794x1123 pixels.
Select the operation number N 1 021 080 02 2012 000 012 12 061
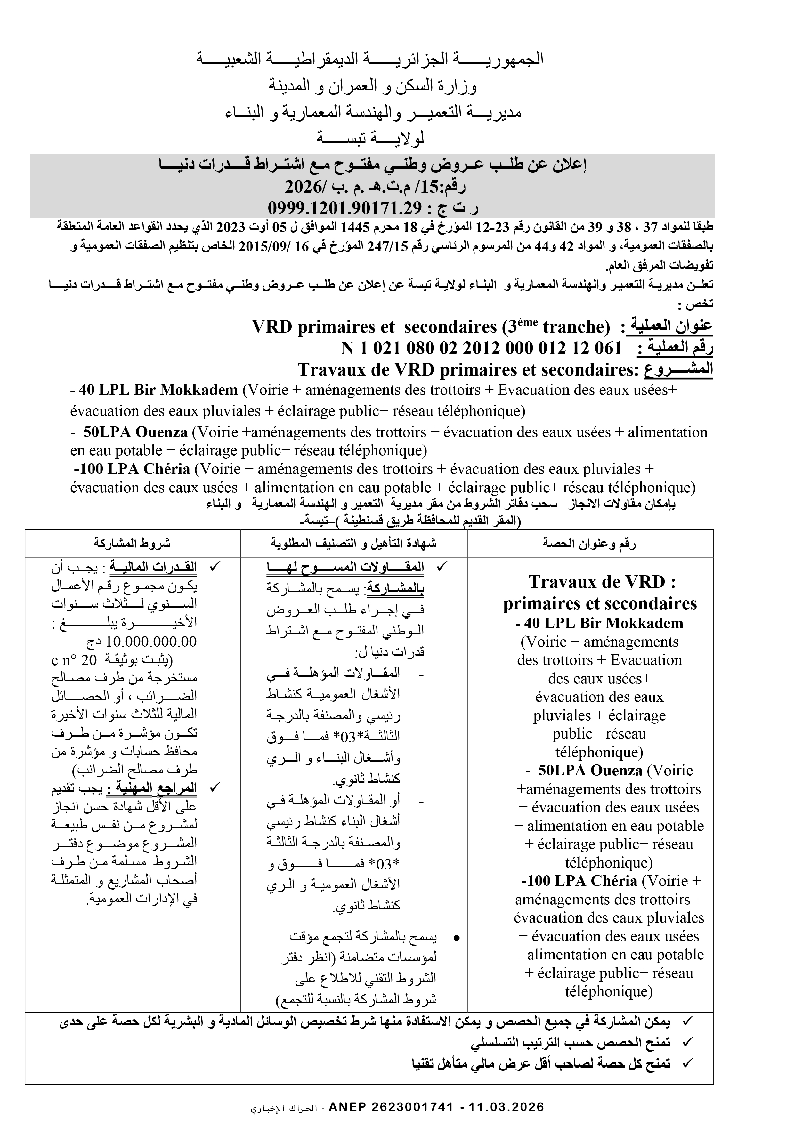(481, 348)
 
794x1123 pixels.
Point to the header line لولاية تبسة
(370, 139)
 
